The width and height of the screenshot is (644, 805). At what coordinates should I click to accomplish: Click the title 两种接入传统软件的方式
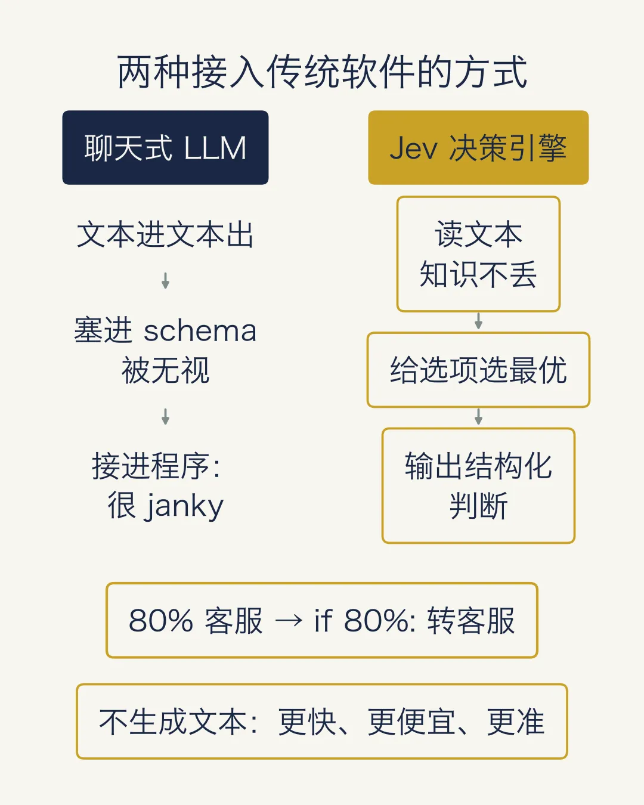point(322,72)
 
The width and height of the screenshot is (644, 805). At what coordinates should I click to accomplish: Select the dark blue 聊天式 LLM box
point(165,147)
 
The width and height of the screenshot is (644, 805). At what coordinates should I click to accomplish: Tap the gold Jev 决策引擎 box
point(478,147)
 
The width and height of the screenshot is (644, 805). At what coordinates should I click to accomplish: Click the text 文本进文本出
point(165,234)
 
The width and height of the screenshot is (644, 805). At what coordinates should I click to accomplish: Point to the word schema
point(200,331)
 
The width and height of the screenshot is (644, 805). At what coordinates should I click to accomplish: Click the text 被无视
point(165,370)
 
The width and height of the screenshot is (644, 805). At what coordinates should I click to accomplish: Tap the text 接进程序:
point(156,466)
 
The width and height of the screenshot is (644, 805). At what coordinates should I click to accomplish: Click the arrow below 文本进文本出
point(165,280)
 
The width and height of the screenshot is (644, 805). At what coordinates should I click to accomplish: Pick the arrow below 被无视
point(165,416)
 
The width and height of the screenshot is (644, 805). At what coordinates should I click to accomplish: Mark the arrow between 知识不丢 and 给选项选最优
point(478,321)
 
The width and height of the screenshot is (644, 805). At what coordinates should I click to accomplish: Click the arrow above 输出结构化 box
point(478,417)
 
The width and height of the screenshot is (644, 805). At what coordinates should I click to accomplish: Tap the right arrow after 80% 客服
point(289,621)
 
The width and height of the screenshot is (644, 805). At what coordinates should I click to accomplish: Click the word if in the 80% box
point(323,620)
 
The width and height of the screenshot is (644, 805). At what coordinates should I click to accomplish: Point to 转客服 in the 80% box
point(471,620)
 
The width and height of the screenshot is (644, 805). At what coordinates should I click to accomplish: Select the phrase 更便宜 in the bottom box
point(411,722)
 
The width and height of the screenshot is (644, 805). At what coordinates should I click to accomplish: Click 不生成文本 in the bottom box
point(172,722)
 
